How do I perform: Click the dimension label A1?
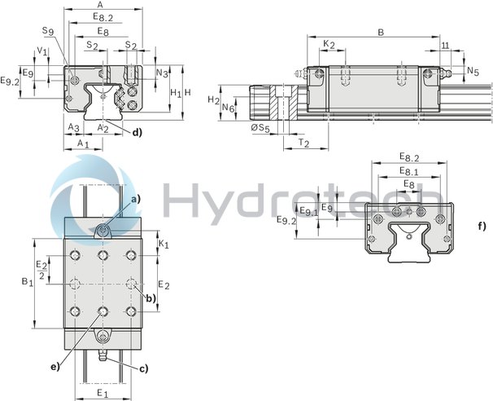click(x=82, y=143)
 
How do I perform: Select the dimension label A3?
click(x=72, y=128)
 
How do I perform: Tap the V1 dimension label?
click(x=41, y=51)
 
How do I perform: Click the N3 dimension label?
click(x=162, y=73)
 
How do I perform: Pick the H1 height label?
click(x=175, y=94)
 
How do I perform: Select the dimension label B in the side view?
click(x=380, y=33)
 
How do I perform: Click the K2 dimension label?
click(x=328, y=44)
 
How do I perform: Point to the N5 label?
click(x=473, y=71)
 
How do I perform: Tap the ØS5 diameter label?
click(x=260, y=129)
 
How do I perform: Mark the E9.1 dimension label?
click(x=308, y=211)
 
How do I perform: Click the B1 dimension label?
click(x=27, y=282)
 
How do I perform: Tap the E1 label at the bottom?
click(x=103, y=393)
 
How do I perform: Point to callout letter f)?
click(x=482, y=226)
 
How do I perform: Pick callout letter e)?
click(x=55, y=366)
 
